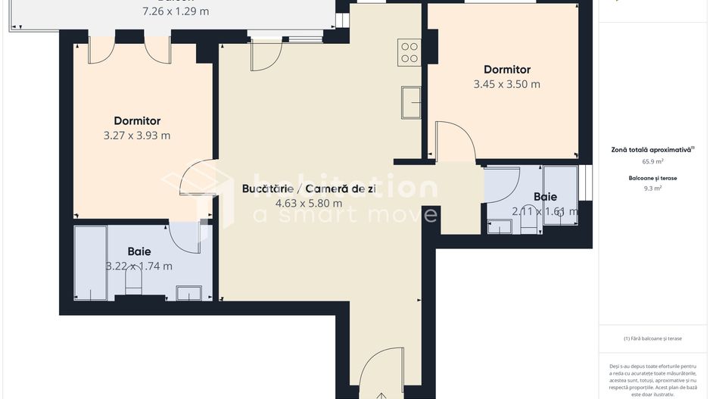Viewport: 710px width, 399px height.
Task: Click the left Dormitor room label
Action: point(137,120)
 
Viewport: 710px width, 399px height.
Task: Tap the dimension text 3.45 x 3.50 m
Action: point(506,84)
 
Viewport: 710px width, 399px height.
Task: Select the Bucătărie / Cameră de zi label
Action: point(308,189)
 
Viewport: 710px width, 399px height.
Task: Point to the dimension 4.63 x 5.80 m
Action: point(308,203)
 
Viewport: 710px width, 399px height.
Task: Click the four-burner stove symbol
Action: point(409,53)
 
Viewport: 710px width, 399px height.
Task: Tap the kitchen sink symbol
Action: point(412,103)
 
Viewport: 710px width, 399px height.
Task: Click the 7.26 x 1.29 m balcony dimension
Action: point(176,11)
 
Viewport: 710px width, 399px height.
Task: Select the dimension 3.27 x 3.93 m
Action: point(137,136)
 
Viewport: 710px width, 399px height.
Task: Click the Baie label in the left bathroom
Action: point(139,251)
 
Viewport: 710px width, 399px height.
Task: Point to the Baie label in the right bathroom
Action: point(545,197)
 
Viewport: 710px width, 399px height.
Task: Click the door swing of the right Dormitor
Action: point(456,142)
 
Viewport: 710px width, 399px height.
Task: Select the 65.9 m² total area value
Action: point(652,161)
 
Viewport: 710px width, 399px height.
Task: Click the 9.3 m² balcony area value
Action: point(652,189)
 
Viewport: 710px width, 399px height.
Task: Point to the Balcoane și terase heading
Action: point(652,178)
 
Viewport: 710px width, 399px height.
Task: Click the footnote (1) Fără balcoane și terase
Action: point(652,338)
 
